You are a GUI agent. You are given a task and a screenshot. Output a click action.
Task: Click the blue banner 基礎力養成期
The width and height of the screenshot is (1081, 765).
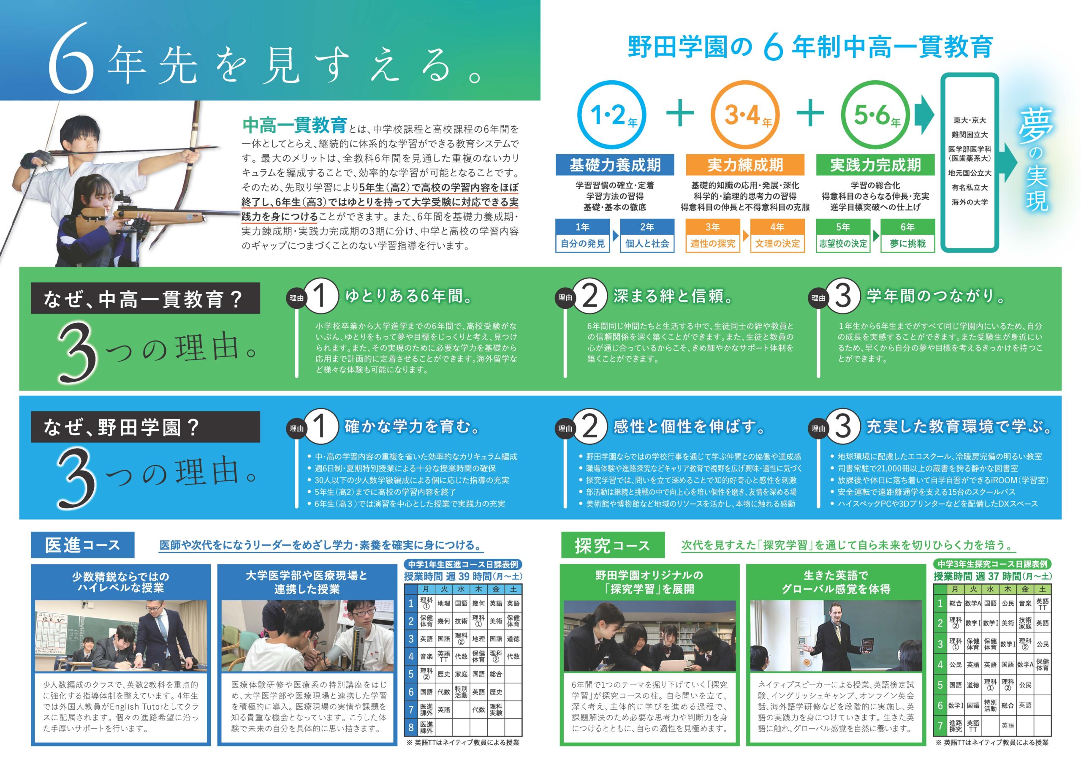tap(615, 165)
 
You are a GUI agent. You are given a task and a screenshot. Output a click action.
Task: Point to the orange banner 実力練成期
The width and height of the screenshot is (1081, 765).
tap(745, 165)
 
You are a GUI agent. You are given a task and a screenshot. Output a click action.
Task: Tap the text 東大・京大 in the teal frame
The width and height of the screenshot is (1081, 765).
tap(970, 120)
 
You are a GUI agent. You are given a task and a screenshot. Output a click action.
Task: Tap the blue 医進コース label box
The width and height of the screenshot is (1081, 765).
tap(82, 545)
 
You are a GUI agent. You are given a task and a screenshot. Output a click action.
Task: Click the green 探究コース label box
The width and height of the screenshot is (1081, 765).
tap(613, 545)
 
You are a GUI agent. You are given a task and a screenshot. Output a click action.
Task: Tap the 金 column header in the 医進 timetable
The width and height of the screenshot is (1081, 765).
tap(496, 589)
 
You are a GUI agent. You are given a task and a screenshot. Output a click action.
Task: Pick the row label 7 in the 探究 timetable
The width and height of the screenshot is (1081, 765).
tap(940, 726)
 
